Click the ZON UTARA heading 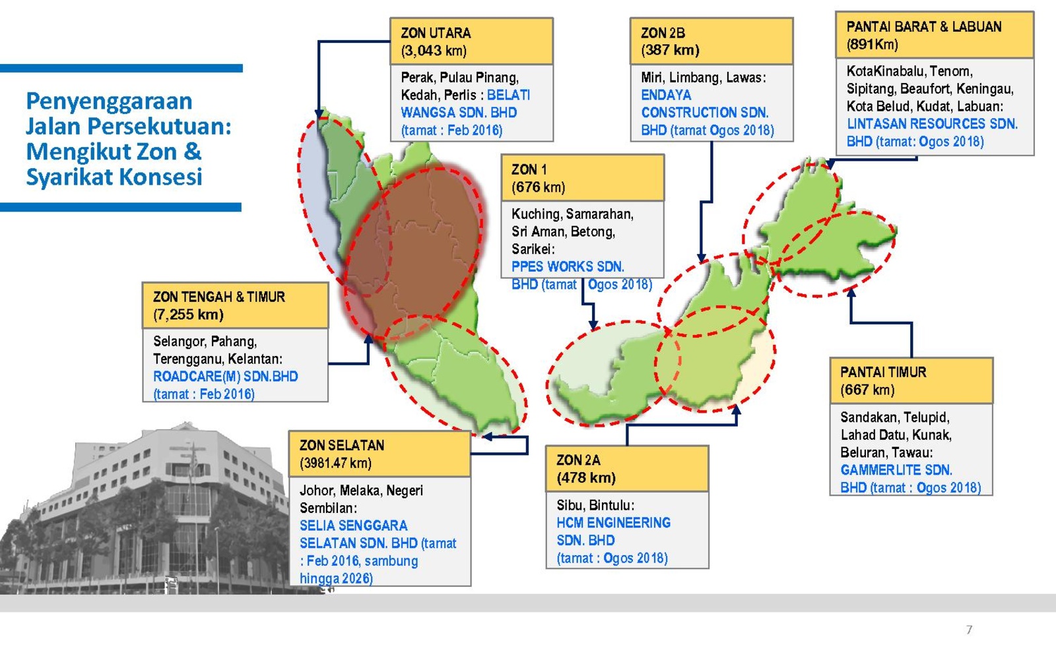[436, 33]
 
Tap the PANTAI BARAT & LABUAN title [923, 26]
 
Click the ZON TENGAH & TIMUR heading [218, 297]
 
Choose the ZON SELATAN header [342, 445]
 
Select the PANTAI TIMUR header [883, 372]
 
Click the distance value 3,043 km [434, 50]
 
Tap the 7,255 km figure [188, 315]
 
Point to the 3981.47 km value [335, 463]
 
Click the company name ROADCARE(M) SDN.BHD [225, 376]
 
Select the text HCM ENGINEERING [613, 522]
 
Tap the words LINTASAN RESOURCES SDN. [932, 124]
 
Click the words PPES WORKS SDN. [568, 266]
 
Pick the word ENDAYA [666, 95]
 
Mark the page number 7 [970, 630]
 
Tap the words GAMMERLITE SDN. [896, 469]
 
